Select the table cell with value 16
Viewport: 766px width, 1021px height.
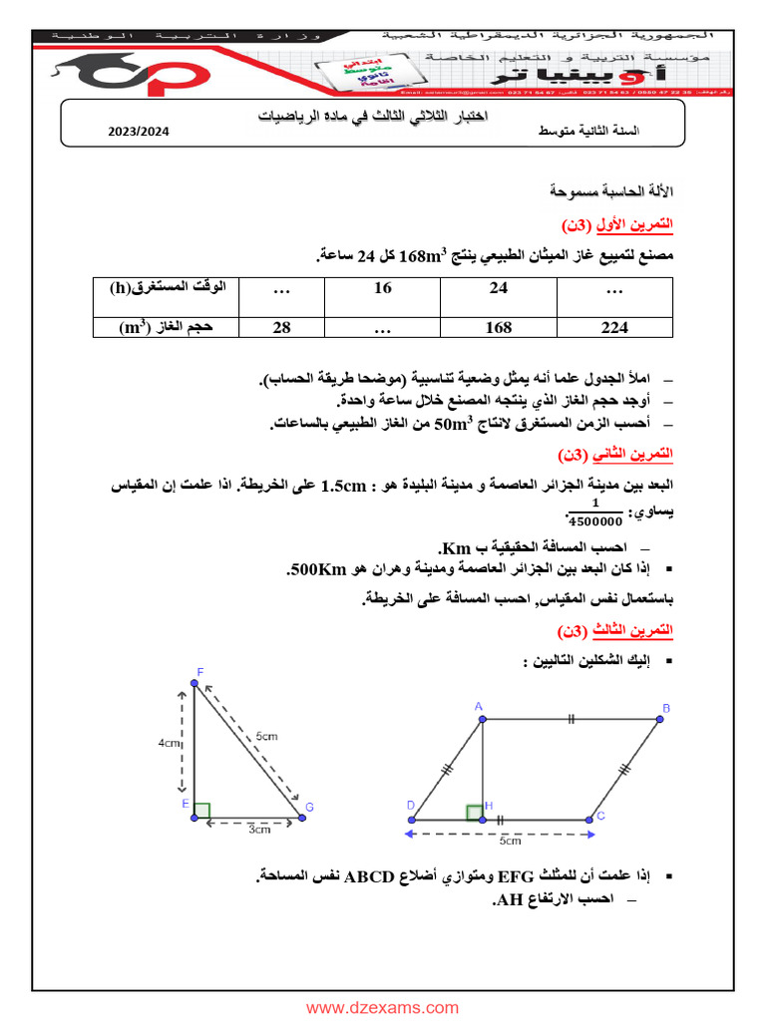pyautogui.click(x=383, y=288)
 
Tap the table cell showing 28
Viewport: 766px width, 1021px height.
pyautogui.click(x=281, y=327)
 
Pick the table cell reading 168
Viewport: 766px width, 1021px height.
pyautogui.click(x=499, y=327)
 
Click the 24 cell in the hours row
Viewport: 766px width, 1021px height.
pyautogui.click(x=499, y=288)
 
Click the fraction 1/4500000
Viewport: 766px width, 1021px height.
pyautogui.click(x=593, y=511)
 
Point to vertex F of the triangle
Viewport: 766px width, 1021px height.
pyautogui.click(x=192, y=684)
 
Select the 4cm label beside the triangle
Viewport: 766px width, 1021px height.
pyautogui.click(x=169, y=744)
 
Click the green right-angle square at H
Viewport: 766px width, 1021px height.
pyautogui.click(x=473, y=811)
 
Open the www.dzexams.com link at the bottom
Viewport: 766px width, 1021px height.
pyautogui.click(x=382, y=1008)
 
